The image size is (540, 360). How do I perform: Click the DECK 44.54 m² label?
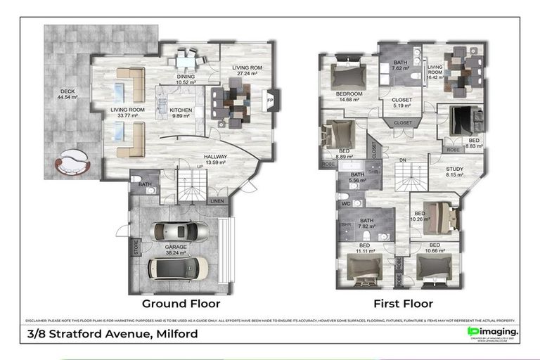coord(69,94)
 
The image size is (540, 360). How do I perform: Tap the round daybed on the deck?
coord(72,162)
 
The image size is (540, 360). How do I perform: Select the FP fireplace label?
coord(269,100)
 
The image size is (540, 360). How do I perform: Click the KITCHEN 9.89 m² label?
coord(181,113)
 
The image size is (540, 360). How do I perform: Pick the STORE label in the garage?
coord(136,248)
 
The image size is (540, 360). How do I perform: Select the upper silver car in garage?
coord(181,231)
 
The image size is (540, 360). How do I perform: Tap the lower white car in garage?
coord(178,268)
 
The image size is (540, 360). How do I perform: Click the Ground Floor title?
coord(181,304)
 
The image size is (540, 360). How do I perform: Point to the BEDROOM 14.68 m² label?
coord(348,97)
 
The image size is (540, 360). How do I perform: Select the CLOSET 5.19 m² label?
coord(401,103)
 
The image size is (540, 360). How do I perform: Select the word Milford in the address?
coord(174,333)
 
